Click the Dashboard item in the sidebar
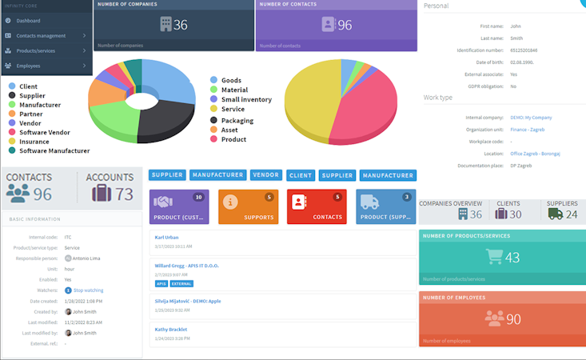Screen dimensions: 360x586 [28, 21]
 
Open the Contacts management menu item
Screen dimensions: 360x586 [42, 36]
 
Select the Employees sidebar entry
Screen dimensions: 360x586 [29, 66]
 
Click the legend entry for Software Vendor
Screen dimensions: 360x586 [44, 133]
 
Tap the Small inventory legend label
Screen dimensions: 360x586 [245, 100]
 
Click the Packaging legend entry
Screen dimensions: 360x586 [237, 121]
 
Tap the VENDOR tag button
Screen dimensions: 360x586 [265, 174]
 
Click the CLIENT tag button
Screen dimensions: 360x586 [301, 174]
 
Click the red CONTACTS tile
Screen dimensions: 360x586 [317, 206]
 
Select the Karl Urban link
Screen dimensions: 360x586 [167, 238]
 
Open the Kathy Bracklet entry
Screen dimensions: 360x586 [170, 329]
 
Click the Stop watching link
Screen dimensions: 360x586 [88, 290]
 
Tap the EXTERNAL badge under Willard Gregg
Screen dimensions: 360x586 [181, 283]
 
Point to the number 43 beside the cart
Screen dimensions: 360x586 [512, 258]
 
